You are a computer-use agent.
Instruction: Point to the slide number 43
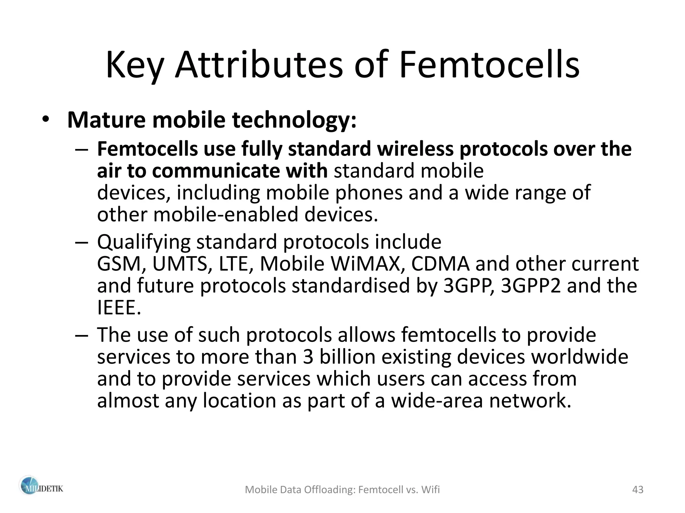point(638,490)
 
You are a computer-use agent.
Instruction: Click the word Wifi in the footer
point(431,490)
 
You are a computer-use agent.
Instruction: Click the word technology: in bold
point(294,121)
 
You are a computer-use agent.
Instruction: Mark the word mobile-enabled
point(225,214)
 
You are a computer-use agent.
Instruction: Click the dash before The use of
point(82,335)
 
